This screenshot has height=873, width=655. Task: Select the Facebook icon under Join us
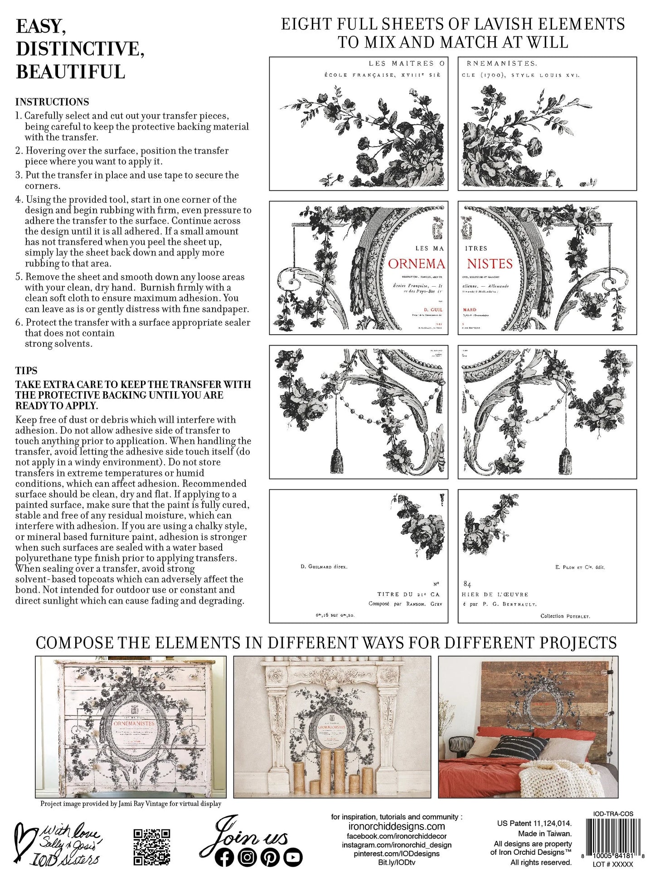(225, 857)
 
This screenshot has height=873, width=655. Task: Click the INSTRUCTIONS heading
(52, 102)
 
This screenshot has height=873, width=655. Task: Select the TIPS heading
(26, 370)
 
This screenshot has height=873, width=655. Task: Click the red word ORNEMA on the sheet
(416, 264)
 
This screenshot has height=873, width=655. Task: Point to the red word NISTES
(490, 264)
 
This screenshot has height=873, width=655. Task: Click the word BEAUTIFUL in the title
(70, 72)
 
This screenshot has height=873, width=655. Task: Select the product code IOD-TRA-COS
(613, 814)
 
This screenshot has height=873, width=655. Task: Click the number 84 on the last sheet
(467, 585)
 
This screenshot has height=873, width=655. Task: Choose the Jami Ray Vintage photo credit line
(131, 804)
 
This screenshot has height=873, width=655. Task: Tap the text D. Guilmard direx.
(324, 566)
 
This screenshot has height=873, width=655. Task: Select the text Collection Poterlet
(565, 616)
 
